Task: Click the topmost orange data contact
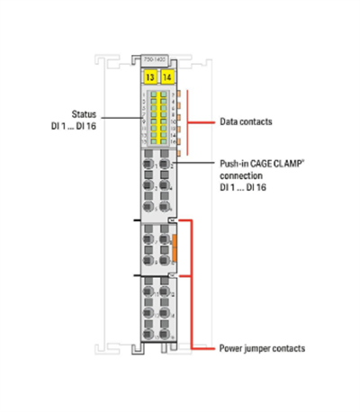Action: coord(179,93)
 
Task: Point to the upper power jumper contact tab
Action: coord(172,219)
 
